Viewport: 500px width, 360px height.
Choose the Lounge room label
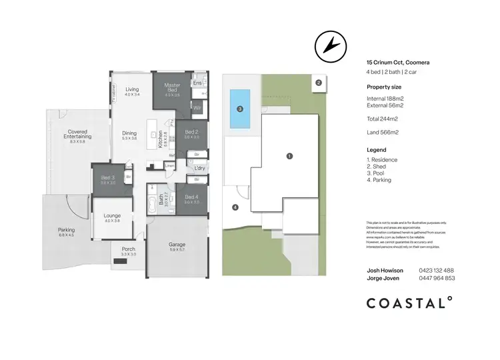[111, 217]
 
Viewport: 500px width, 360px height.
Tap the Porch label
[128, 251]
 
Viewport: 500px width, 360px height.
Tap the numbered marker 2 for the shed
[319, 83]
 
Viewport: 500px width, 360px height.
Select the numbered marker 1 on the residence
[289, 156]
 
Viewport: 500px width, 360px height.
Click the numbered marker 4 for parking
[235, 207]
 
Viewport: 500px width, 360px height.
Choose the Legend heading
[377, 150]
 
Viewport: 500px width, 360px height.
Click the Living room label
[132, 90]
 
